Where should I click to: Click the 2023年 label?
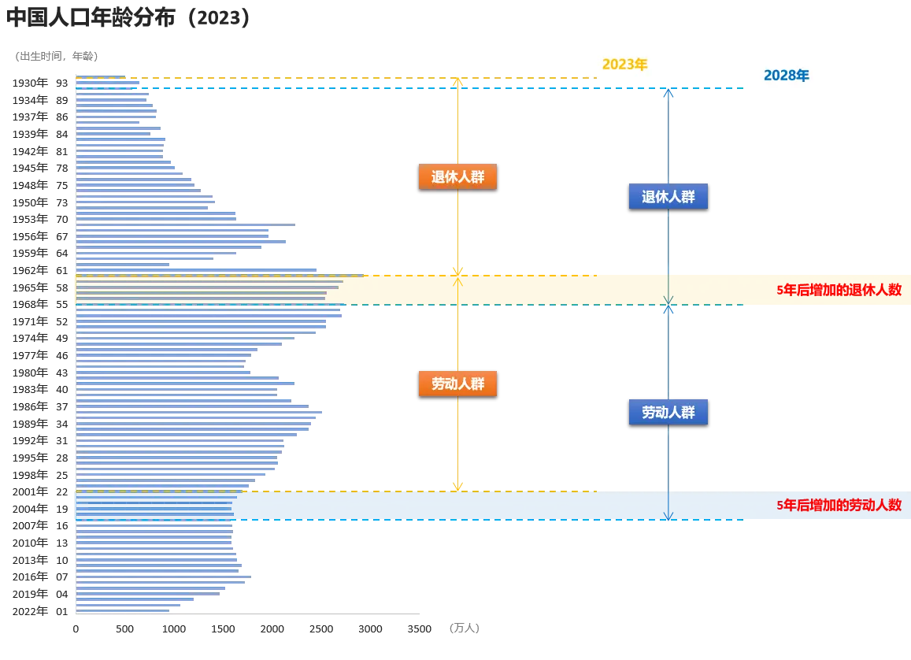pos(625,65)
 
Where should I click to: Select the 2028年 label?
pos(787,76)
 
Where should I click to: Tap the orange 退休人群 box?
pos(457,176)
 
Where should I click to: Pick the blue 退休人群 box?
pos(668,197)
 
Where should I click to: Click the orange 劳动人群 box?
pos(457,384)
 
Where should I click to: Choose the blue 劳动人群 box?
pos(668,412)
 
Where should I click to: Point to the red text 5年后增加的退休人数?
pos(838,290)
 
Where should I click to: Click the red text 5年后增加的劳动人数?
pos(838,506)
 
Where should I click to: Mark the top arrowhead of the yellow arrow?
pos(457,82)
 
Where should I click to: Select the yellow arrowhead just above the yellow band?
pos(457,269)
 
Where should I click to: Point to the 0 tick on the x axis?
pos(76,630)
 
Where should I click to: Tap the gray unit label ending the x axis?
pos(463,629)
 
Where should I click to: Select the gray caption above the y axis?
pos(57,57)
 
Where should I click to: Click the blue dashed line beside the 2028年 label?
pos(701,90)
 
